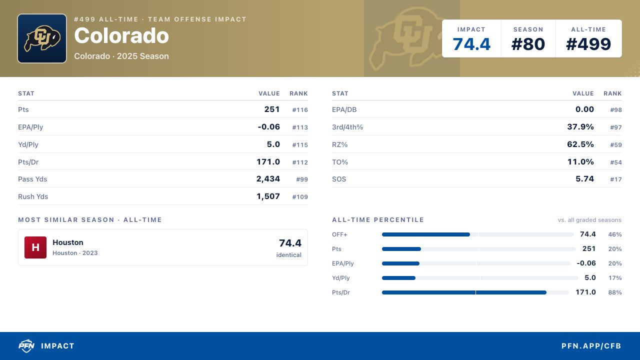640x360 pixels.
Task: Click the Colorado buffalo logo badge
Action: click(x=42, y=38)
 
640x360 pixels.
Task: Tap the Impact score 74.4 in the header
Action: click(x=471, y=44)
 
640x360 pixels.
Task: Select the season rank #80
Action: click(x=528, y=44)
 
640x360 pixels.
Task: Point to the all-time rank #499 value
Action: click(x=588, y=44)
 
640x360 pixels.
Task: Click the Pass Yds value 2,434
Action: click(x=268, y=179)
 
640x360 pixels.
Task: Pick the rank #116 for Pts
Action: click(x=300, y=109)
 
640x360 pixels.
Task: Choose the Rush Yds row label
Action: click(x=33, y=196)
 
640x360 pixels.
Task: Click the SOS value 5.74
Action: click(x=584, y=179)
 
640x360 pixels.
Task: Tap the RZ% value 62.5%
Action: click(x=580, y=144)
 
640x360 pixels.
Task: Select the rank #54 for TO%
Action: click(x=616, y=162)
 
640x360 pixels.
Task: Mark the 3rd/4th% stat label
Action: click(x=347, y=127)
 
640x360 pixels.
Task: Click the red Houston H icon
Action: click(x=35, y=247)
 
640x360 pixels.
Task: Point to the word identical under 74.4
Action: click(x=289, y=255)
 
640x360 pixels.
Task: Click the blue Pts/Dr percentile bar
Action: click(x=464, y=292)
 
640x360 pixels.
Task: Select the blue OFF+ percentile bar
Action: click(x=425, y=234)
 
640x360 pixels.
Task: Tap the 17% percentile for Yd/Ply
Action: click(x=615, y=277)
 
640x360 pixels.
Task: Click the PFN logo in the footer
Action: click(x=26, y=345)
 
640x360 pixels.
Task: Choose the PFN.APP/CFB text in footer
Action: click(x=591, y=346)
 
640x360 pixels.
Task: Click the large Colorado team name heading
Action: click(x=121, y=35)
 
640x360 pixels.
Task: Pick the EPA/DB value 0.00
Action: click(x=584, y=109)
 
